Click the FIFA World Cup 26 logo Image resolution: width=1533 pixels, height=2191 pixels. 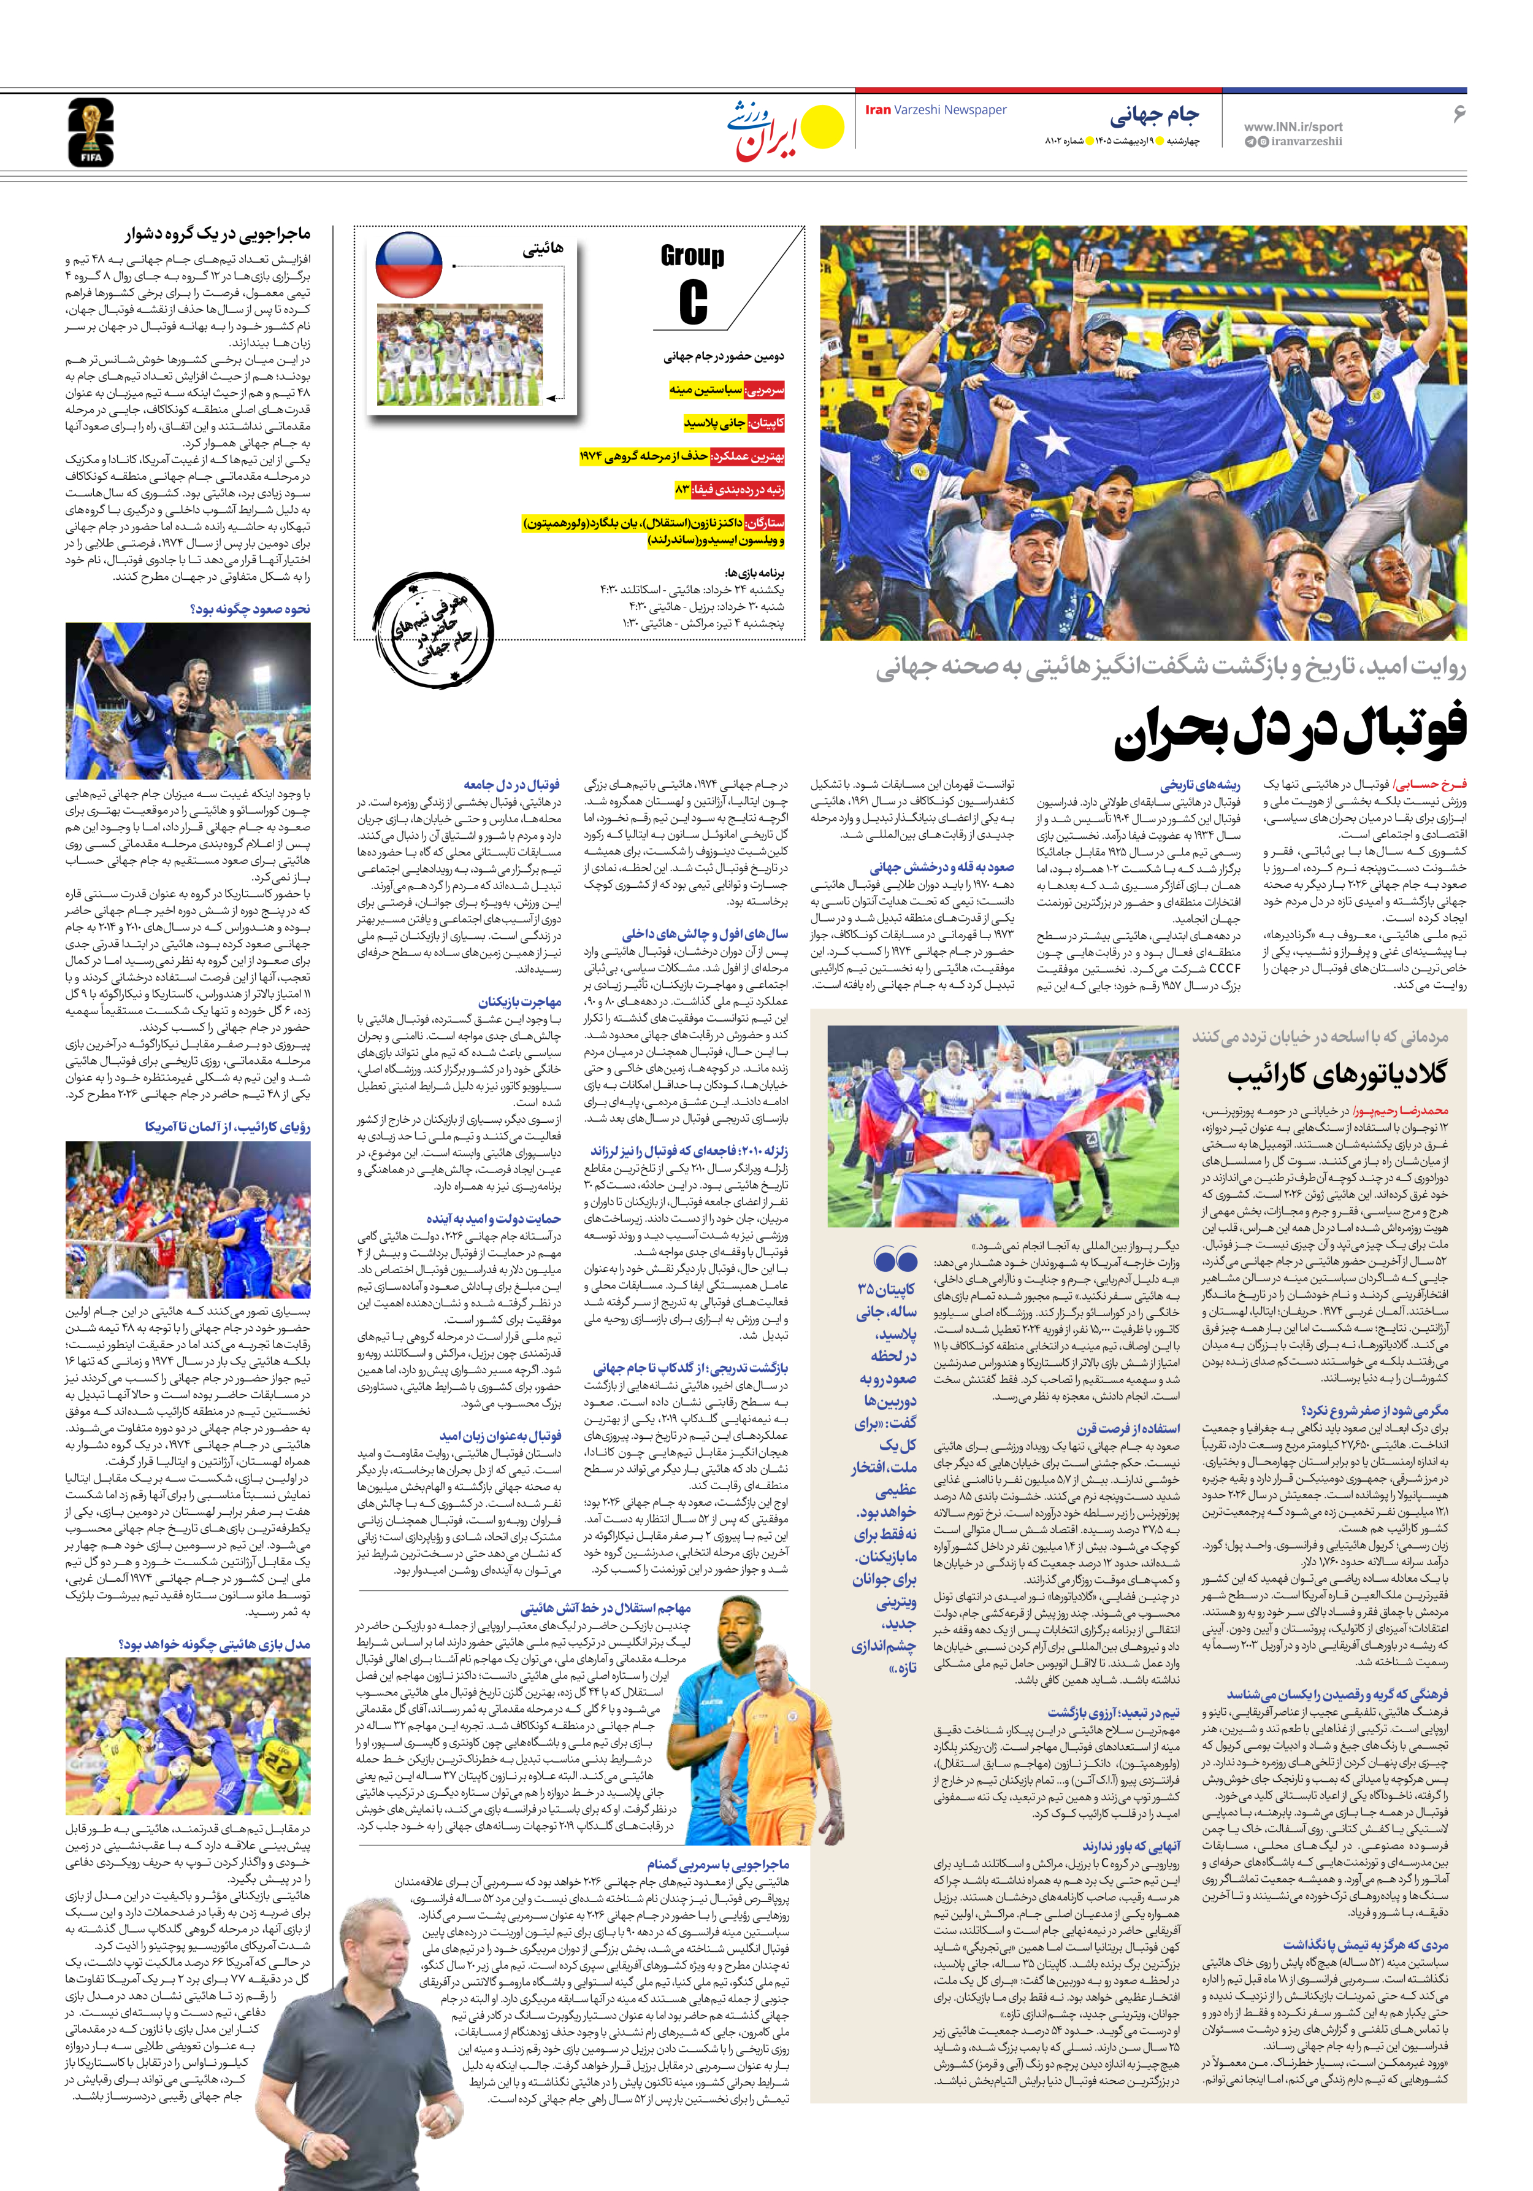[x=91, y=133]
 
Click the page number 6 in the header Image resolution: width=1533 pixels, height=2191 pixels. [x=1458, y=114]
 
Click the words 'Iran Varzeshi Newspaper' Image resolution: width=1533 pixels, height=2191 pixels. [x=935, y=110]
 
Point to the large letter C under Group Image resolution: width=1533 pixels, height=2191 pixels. [x=694, y=301]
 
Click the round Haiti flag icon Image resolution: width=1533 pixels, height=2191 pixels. [x=408, y=264]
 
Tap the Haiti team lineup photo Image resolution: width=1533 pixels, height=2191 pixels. [x=460, y=355]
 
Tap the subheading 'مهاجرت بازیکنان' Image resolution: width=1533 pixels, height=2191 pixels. [x=520, y=1002]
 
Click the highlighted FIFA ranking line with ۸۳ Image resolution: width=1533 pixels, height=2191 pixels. [x=729, y=488]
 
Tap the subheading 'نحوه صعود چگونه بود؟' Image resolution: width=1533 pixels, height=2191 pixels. [x=250, y=609]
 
